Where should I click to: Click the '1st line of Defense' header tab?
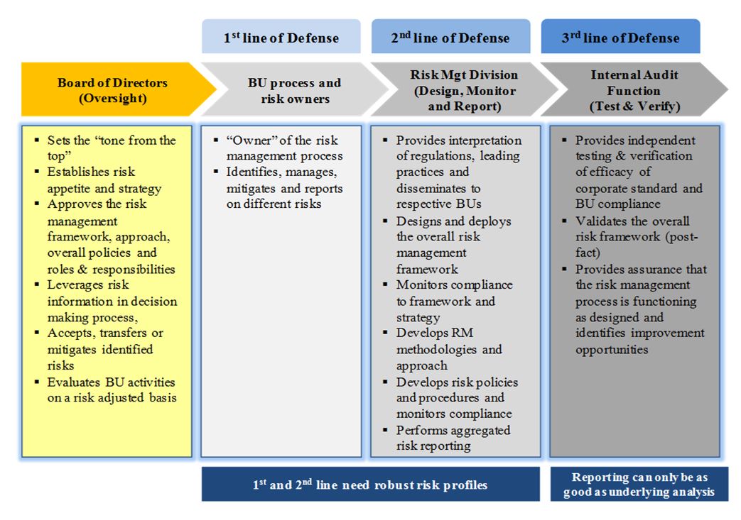(x=281, y=38)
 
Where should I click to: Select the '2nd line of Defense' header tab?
(x=450, y=38)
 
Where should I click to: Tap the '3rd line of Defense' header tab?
(x=620, y=38)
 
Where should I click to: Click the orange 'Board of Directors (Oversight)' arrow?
(x=113, y=90)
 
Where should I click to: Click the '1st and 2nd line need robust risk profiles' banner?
(x=370, y=485)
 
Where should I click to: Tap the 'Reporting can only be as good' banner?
(x=639, y=485)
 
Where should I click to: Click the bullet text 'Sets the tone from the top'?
(x=111, y=148)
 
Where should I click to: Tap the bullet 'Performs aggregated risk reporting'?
(x=453, y=438)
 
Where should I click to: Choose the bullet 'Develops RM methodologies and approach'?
(x=448, y=349)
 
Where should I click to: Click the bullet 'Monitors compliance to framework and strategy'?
(x=454, y=301)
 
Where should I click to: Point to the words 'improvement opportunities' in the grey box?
(x=639, y=341)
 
